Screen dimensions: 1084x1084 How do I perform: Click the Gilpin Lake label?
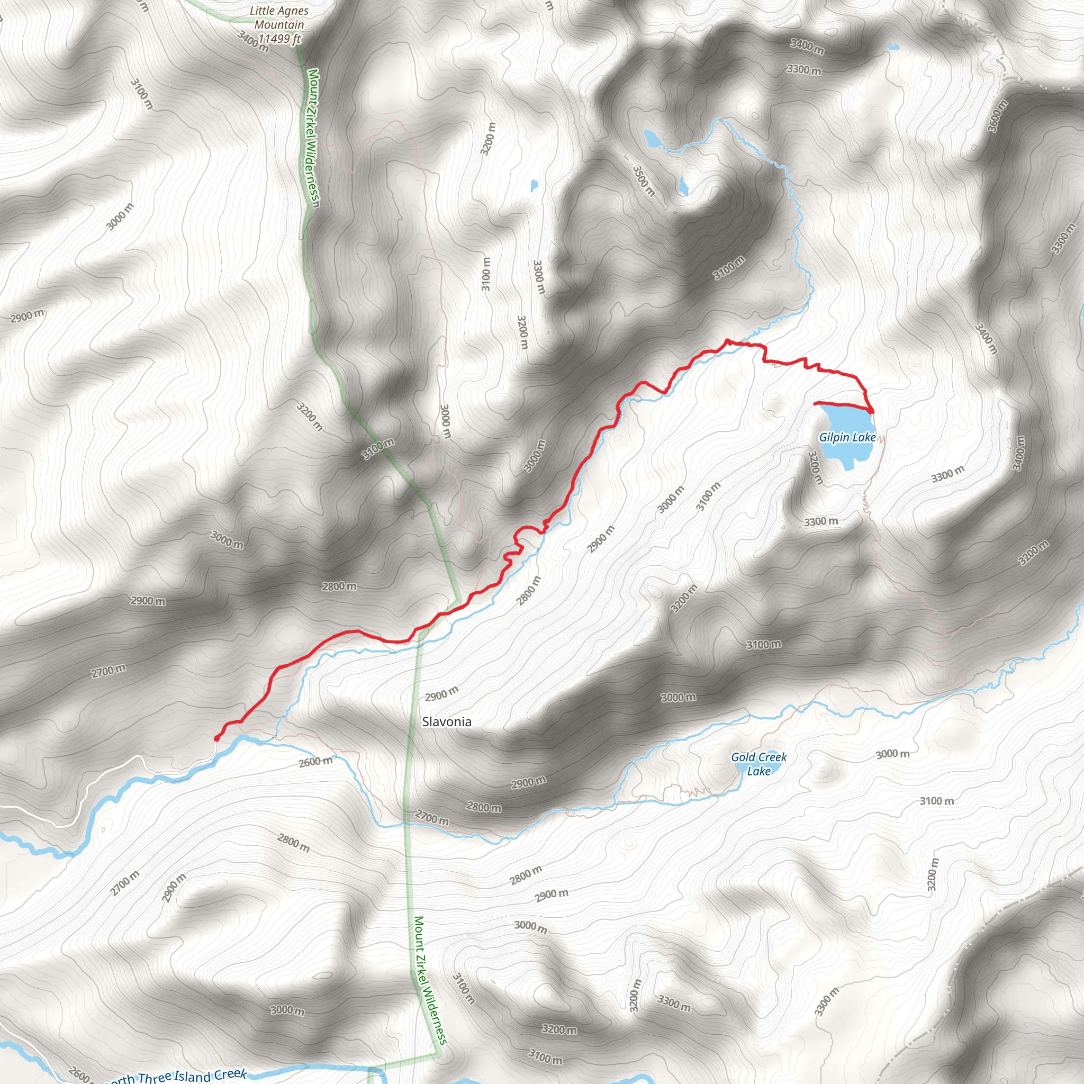847,438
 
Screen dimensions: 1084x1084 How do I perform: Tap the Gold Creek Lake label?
758,764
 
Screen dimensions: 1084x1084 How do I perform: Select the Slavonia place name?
447,721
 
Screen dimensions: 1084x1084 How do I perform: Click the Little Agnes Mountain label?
279,17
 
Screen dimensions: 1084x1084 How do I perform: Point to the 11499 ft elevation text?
279,39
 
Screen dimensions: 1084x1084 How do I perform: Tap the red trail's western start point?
216,738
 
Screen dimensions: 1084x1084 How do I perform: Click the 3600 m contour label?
998,116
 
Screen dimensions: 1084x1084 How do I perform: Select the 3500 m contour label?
644,180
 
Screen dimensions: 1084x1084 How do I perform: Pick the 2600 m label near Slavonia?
315,761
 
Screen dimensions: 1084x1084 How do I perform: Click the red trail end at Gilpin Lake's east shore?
871,411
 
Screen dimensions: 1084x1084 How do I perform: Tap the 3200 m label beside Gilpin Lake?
815,467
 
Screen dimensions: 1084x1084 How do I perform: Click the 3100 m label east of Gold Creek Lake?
936,801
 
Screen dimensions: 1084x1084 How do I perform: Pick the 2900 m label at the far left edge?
27,316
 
